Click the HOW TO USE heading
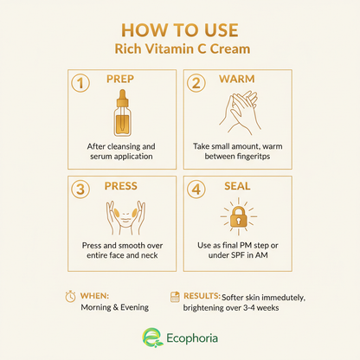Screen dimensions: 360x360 (180, 30)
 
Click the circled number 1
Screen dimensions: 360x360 (80, 83)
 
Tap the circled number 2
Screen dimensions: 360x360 (196, 83)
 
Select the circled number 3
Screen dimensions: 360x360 (80, 190)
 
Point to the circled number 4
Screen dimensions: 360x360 (196, 190)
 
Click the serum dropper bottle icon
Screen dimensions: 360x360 (123, 113)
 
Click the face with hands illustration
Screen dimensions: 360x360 (125, 218)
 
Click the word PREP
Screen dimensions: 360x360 (120, 79)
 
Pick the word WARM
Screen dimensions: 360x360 (237, 79)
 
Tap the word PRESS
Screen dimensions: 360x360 (121, 186)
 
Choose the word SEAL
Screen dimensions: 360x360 (237, 186)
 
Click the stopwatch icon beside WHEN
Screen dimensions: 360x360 (70, 297)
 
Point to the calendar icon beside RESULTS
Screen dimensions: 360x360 (175, 297)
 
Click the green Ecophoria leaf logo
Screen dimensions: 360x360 (151, 337)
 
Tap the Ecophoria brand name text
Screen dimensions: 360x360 (192, 338)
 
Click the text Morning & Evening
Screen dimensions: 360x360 (115, 307)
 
